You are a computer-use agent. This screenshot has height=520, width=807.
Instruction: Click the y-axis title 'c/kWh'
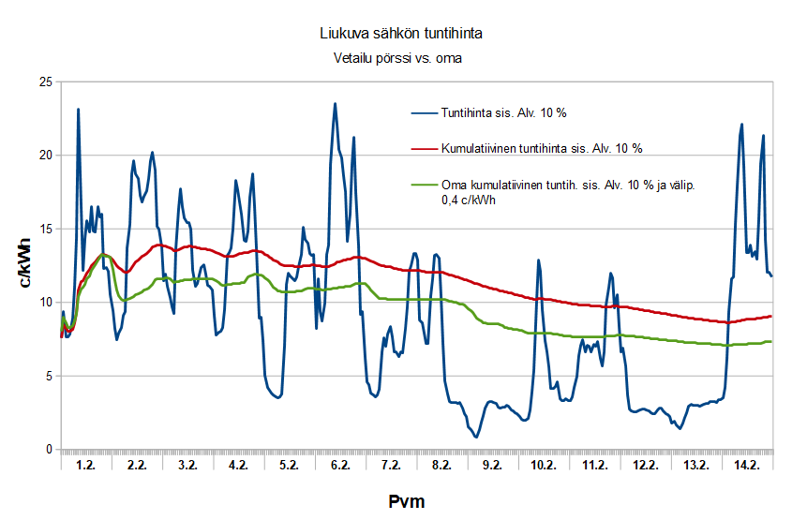coord(25,264)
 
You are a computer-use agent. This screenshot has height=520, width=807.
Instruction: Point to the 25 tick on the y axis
coord(43,82)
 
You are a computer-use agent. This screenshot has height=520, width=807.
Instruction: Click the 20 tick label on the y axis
coord(43,156)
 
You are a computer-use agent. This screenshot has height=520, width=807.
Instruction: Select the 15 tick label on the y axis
coord(43,229)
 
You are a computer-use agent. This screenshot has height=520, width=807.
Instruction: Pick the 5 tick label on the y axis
coord(47,376)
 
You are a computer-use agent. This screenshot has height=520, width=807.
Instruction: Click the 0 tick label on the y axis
coord(47,450)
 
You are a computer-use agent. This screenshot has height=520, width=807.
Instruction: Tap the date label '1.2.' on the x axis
coord(85,466)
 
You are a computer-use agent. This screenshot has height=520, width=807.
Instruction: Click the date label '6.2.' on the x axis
coord(340,466)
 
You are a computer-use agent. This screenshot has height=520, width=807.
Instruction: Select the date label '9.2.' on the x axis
coord(492,466)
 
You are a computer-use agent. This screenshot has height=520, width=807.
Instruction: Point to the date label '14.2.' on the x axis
coord(747,466)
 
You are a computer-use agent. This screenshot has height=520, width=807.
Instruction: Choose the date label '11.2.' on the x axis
coord(594,466)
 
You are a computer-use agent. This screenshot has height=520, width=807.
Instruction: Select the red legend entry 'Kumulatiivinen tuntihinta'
coord(542,149)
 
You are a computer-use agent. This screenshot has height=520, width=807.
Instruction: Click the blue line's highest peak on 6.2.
coord(335,104)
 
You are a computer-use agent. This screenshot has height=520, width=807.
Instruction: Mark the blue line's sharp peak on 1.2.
coord(78,110)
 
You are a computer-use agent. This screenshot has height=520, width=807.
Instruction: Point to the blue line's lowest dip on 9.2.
coord(476,437)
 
